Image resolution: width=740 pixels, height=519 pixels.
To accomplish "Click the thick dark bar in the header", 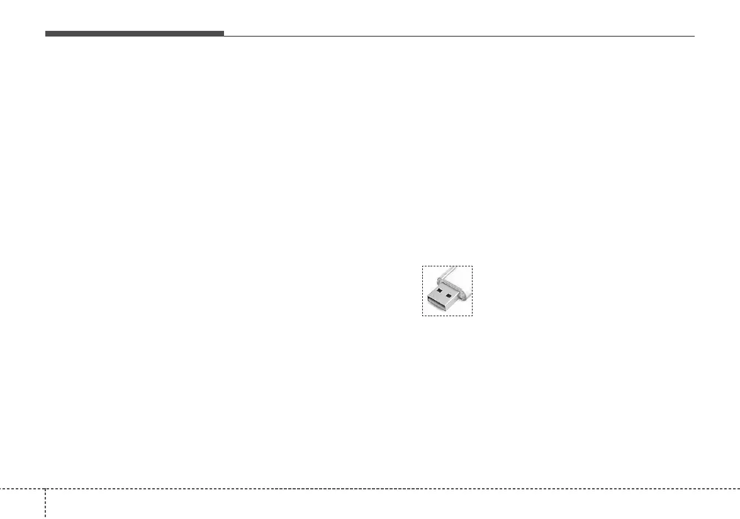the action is (134, 33).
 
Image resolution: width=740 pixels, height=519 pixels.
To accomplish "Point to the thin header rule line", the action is (459, 36).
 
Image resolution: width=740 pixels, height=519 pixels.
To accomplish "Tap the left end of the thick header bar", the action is (46, 33).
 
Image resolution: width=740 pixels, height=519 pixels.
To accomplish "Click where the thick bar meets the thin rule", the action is (224, 35).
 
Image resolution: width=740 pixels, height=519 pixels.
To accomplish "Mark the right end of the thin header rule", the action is (694, 36).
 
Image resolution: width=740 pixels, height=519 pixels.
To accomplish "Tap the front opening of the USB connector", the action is (437, 305).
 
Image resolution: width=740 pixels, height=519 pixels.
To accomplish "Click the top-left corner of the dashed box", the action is (422, 266).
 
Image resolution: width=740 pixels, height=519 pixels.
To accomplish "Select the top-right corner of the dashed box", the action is (472, 266).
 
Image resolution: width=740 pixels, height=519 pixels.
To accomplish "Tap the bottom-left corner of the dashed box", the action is (422, 316).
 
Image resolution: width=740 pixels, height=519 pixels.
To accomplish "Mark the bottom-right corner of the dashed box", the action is (472, 316).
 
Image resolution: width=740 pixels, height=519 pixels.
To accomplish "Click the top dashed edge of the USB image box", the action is (447, 266).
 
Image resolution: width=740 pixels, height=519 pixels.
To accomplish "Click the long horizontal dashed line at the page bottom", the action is (378, 488).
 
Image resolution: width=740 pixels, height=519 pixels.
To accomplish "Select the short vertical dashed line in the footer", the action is (45, 504).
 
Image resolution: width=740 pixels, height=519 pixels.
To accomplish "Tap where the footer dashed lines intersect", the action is (45, 488).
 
